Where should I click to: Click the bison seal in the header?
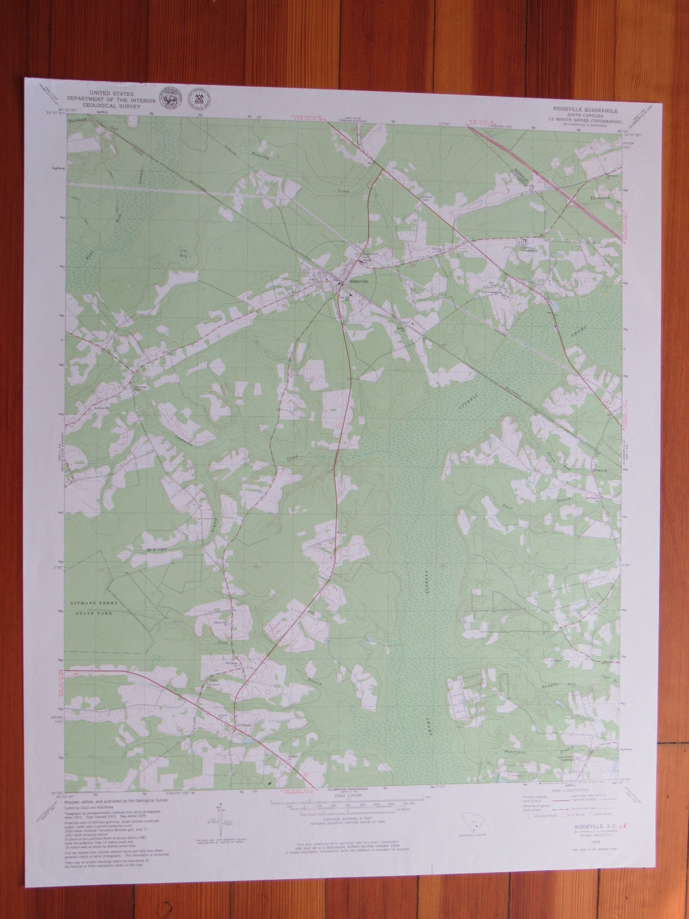[169, 98]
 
